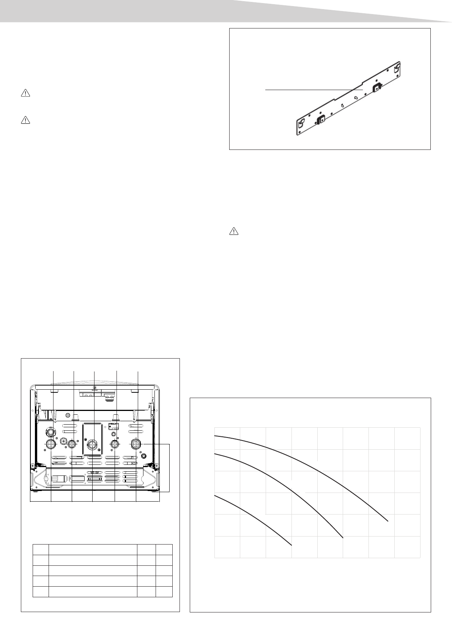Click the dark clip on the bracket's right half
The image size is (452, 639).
[376, 88]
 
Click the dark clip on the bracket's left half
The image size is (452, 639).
[321, 120]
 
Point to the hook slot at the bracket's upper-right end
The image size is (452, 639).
[396, 69]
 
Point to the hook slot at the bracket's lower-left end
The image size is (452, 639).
[302, 123]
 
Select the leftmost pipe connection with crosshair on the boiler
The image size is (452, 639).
[51, 444]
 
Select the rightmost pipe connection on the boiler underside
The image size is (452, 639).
[135, 444]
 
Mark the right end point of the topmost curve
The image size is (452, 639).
[387, 521]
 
